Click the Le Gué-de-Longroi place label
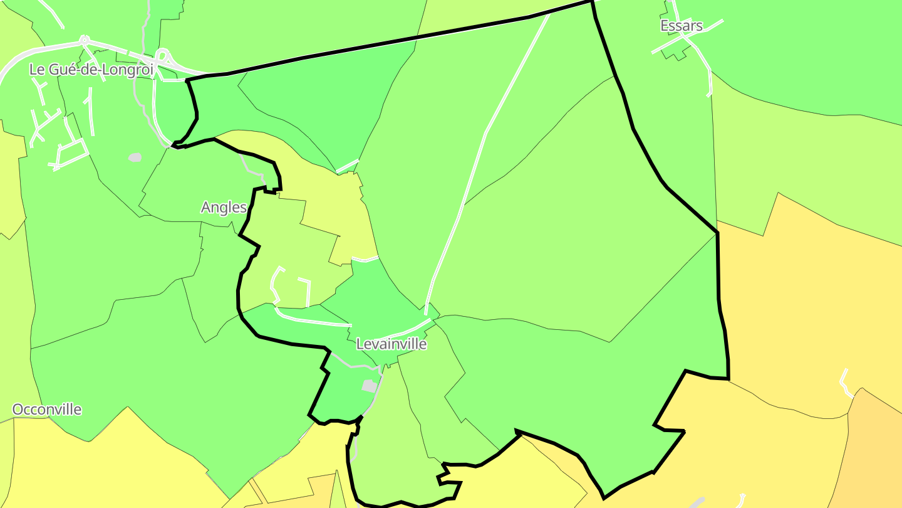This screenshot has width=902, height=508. (x=91, y=70)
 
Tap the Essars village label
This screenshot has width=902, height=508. (x=682, y=26)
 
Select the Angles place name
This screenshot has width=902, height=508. (x=224, y=208)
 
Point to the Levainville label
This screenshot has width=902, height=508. (x=391, y=344)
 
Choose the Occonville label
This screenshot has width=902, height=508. (x=47, y=410)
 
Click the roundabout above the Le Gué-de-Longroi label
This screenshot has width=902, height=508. (x=84, y=41)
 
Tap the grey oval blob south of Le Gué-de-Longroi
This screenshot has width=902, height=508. (x=135, y=157)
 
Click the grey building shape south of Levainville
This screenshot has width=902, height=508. (x=370, y=386)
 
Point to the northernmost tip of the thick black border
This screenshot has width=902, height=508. (x=591, y=2)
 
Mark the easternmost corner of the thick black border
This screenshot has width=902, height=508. (x=728, y=378)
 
